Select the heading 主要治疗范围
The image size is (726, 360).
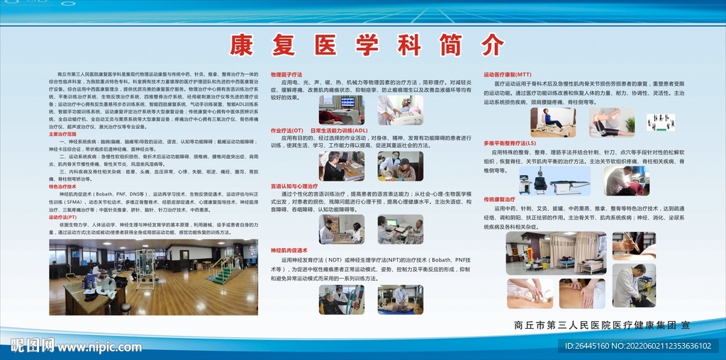pyautogui.click(x=63, y=134)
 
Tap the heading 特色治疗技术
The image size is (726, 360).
pyautogui.click(x=63, y=186)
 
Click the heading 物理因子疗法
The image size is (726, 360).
pyautogui.click(x=286, y=74)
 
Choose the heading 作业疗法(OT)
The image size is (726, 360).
pyautogui.click(x=287, y=130)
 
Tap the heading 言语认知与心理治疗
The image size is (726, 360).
pyautogui.click(x=294, y=186)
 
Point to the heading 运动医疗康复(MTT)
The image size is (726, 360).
pyautogui.click(x=508, y=74)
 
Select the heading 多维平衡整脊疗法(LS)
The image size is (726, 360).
pyautogui.click(x=510, y=142)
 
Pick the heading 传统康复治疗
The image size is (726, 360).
pyautogui.click(x=500, y=200)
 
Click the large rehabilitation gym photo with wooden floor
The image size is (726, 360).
pyautogui.click(x=153, y=277)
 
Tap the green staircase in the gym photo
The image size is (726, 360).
pyautogui.click(x=225, y=271)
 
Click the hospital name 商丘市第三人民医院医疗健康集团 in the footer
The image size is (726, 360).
pyautogui.click(x=594, y=325)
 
